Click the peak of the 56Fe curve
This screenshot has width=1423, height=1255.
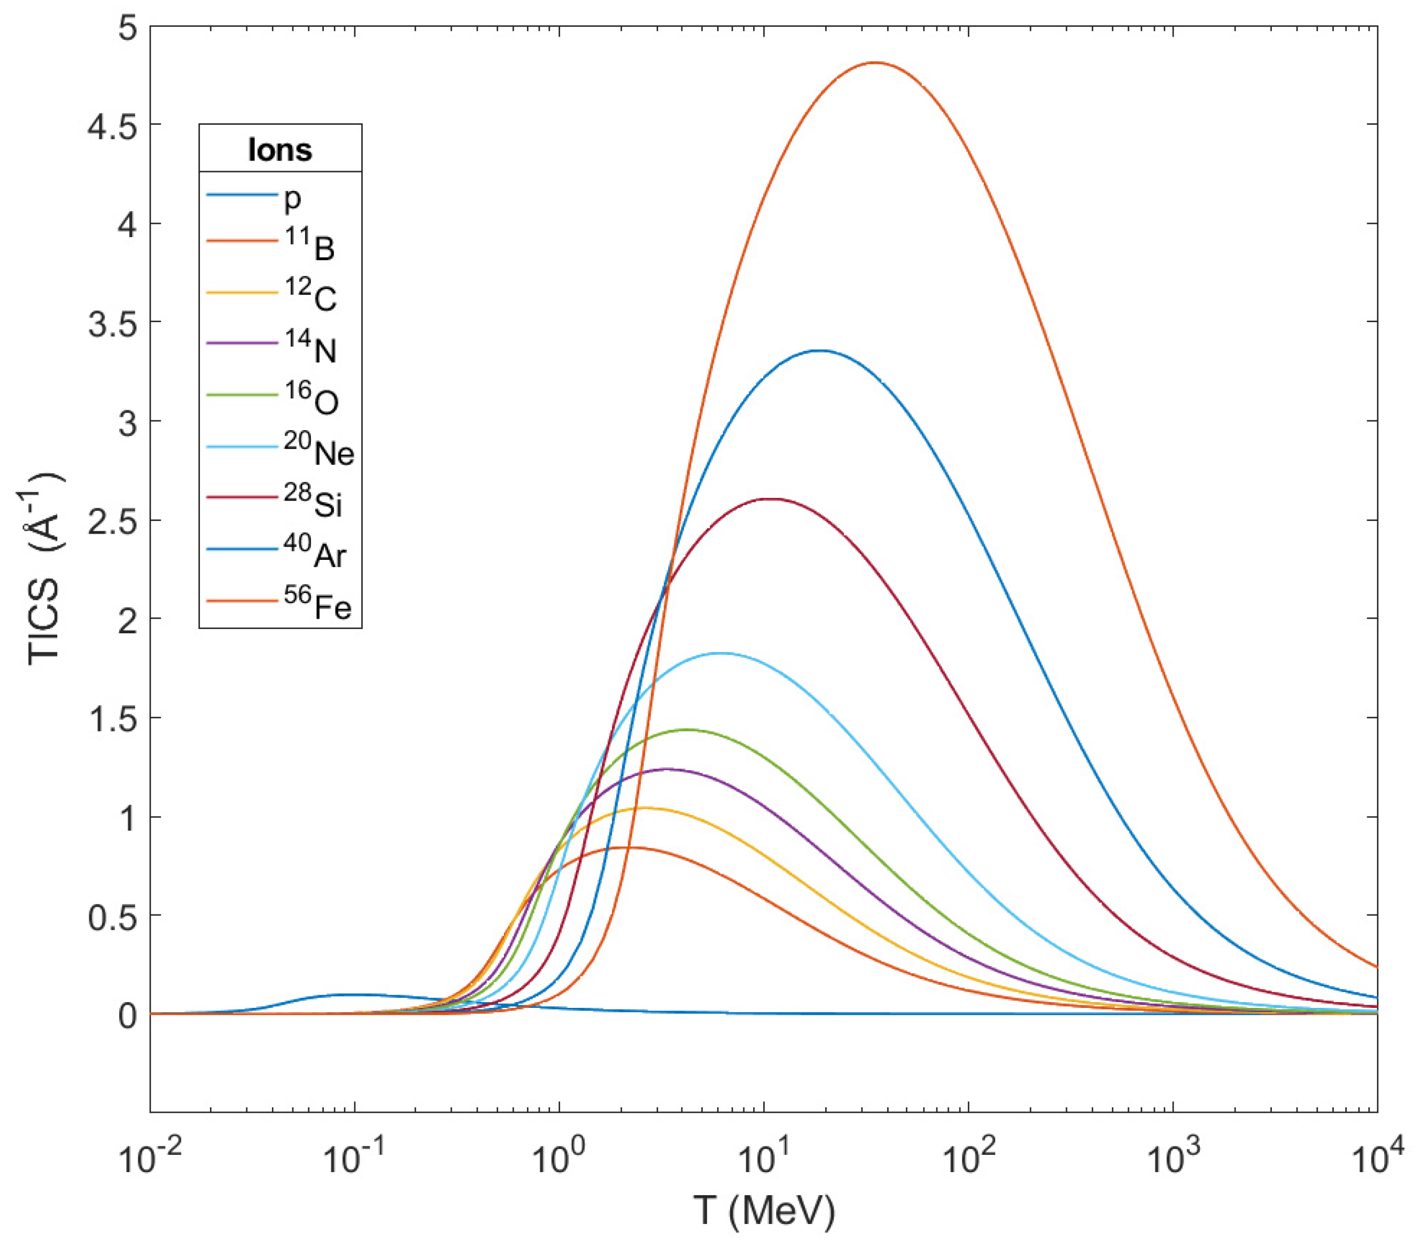click(875, 62)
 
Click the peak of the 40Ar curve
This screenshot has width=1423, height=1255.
click(821, 351)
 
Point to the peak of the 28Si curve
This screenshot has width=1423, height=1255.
click(770, 499)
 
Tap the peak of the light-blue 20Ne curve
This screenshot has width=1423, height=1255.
click(721, 653)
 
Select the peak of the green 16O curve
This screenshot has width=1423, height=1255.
click(688, 729)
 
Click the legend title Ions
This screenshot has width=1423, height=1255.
click(280, 150)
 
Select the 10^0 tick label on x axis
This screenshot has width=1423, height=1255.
click(557, 1159)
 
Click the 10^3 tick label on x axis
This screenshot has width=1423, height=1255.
click(1173, 1159)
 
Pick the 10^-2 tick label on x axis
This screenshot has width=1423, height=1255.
click(149, 1159)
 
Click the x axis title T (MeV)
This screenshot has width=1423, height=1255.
click(764, 1211)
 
